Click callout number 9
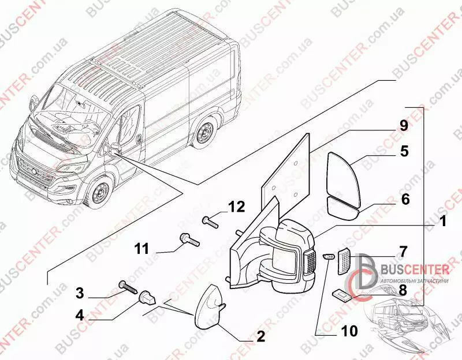pyautogui.click(x=403, y=125)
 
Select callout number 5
pyautogui.click(x=404, y=152)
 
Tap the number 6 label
pyautogui.click(x=405, y=199)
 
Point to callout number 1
pyautogui.click(x=442, y=220)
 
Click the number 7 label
pyautogui.click(x=403, y=251)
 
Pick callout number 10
pyautogui.click(x=349, y=331)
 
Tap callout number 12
pyautogui.click(x=236, y=206)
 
